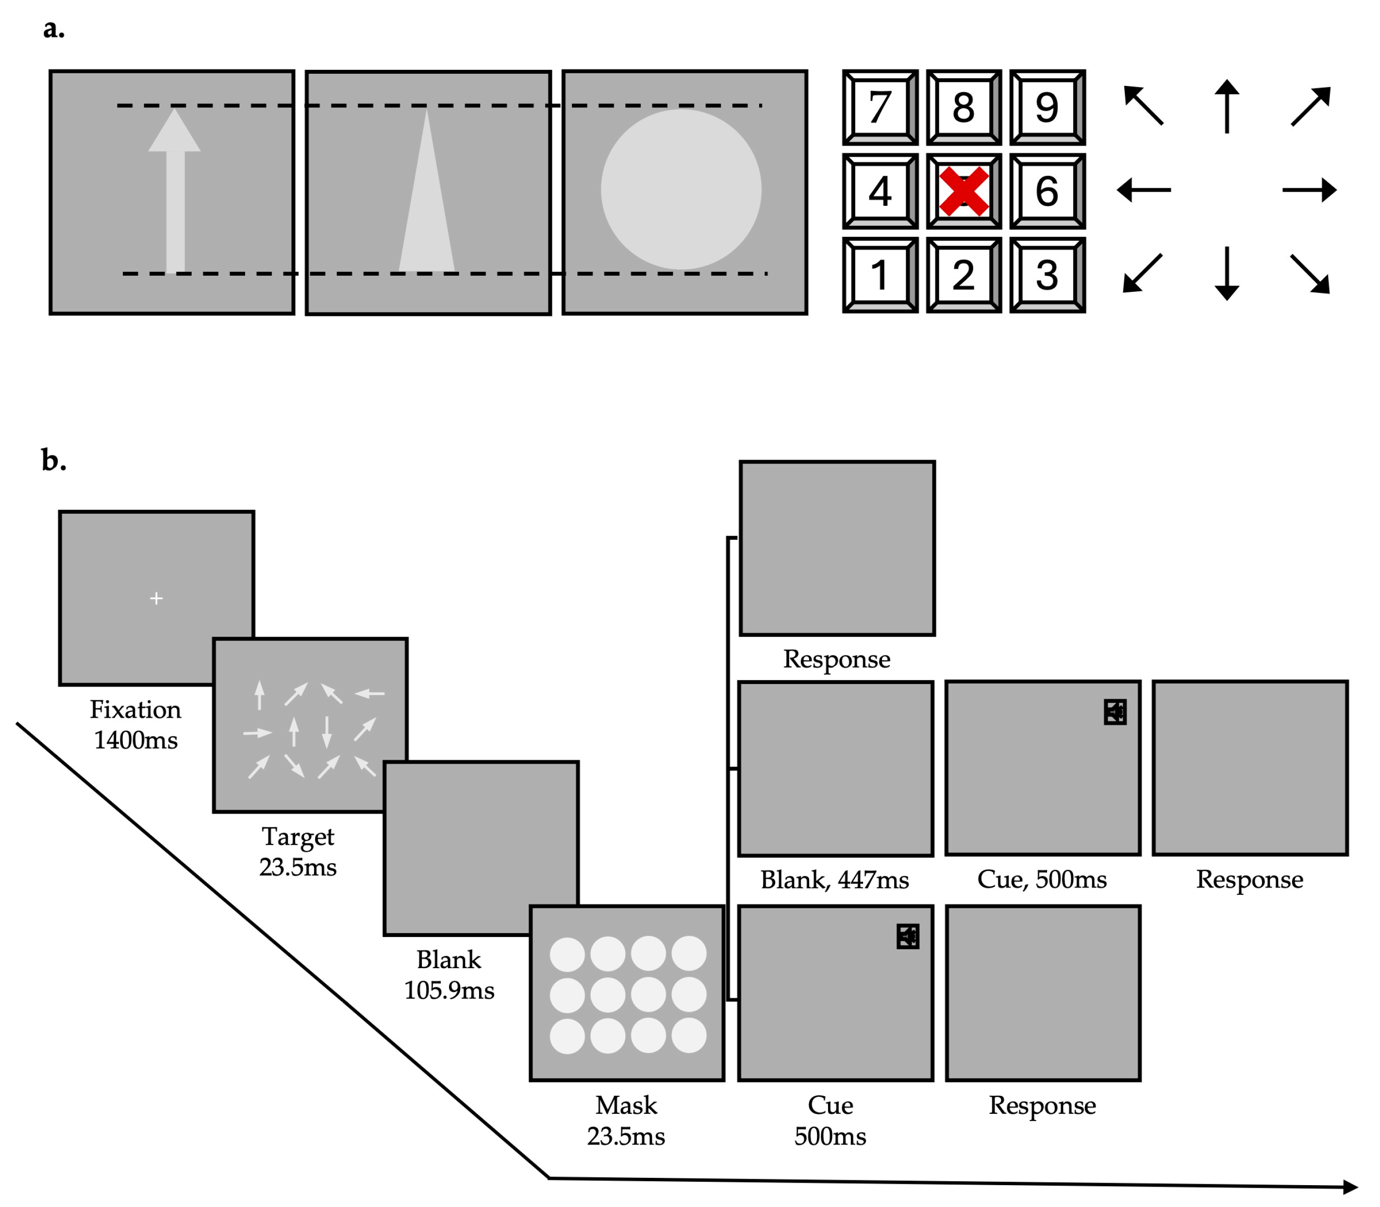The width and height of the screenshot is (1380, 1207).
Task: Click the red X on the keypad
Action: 964,191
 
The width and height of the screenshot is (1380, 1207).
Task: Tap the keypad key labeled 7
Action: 880,108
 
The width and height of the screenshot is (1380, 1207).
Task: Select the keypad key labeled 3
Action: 1047,275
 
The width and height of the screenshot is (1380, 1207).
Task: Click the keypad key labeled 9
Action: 1047,108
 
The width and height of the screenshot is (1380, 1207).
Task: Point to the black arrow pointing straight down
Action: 1227,273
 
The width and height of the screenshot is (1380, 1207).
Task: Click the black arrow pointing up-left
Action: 1144,106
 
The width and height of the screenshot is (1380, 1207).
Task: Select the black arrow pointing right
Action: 1309,190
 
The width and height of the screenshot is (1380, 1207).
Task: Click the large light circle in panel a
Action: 681,189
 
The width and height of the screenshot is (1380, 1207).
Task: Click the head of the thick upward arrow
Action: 174,132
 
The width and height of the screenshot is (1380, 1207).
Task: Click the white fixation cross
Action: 156,598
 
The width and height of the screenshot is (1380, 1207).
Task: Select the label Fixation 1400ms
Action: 135,725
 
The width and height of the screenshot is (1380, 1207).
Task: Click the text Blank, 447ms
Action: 834,880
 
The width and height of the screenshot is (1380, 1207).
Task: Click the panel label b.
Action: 53,461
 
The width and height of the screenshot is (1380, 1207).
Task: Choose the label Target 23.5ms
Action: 298,852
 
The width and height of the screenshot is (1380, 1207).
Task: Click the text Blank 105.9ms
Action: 449,974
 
